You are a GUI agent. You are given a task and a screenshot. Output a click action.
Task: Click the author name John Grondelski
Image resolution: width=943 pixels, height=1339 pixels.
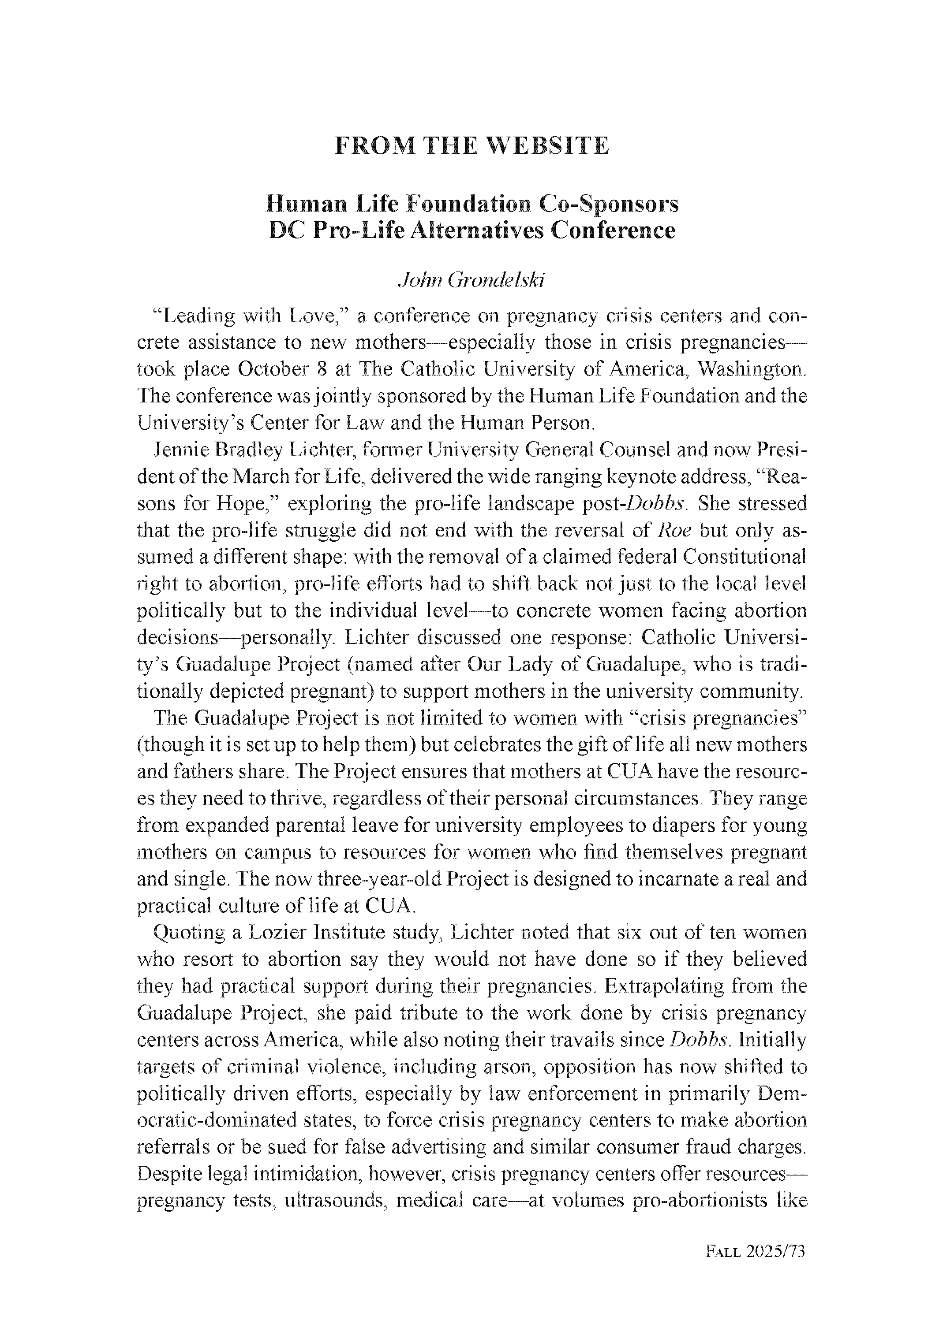pyautogui.click(x=471, y=280)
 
